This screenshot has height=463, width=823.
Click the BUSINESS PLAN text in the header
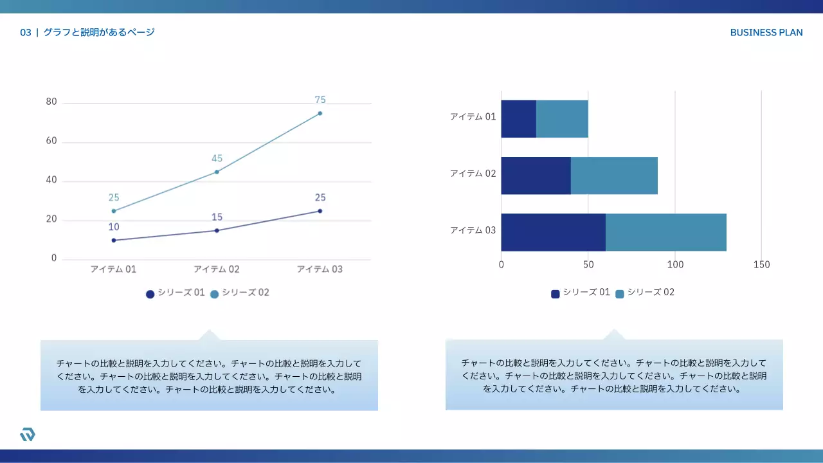(x=766, y=33)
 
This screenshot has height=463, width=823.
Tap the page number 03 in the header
(x=26, y=33)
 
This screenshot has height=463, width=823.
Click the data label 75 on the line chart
(x=320, y=100)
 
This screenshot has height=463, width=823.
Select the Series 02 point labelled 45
(x=217, y=172)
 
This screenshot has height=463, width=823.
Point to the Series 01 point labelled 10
(x=114, y=241)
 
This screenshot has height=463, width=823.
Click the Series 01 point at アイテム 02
(x=217, y=230)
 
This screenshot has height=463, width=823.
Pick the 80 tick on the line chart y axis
(x=51, y=102)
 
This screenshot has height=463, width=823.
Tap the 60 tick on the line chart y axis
(x=51, y=141)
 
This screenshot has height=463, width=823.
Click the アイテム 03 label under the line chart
(x=320, y=269)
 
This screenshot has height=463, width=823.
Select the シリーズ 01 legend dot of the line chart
(x=150, y=294)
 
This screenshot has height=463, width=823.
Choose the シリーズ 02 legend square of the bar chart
(x=620, y=294)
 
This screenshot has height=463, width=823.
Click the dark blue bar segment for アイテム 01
(x=518, y=119)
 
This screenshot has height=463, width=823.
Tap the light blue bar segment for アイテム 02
(x=614, y=176)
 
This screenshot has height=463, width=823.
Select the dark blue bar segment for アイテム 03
(x=553, y=232)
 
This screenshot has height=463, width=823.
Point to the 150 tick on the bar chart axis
(x=761, y=265)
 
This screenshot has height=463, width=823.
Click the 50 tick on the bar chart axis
(x=588, y=265)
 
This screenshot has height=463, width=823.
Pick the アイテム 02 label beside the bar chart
(x=473, y=174)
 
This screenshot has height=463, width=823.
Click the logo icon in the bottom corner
(x=28, y=435)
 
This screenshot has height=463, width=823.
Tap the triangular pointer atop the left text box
(x=208, y=335)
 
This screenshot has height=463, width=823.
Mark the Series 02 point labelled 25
(x=114, y=211)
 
